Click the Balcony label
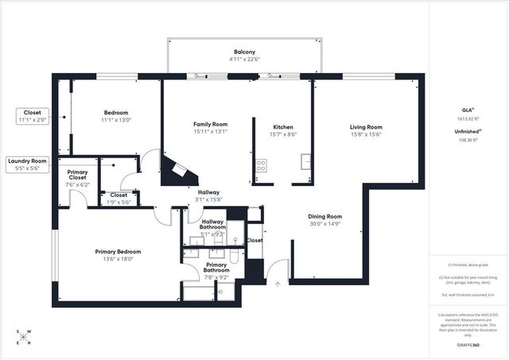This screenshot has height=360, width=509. tap(244, 51)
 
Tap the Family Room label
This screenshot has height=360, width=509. tap(211, 125)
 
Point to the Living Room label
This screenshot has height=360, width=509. tap(366, 127)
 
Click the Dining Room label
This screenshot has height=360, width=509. tap(325, 216)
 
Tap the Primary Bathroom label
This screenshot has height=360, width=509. tap(216, 269)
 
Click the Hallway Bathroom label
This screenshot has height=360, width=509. tap(212, 225)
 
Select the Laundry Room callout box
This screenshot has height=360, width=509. tap(28, 165)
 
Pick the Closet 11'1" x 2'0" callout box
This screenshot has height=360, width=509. tap(32, 116)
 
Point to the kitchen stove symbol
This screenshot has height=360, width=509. tap(261, 166)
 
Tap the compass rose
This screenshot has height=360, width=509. tap(24, 338)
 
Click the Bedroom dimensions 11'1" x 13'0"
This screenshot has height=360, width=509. tap(115, 122)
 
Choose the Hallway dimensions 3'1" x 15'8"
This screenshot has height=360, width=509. tap(209, 199)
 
